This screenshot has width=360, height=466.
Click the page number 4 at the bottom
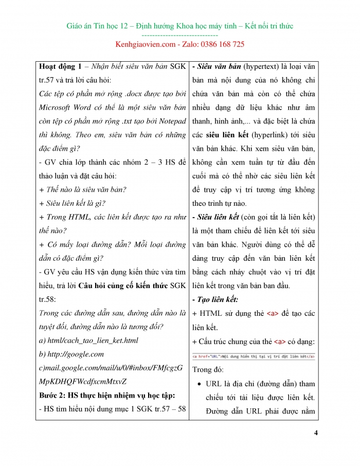(315, 433)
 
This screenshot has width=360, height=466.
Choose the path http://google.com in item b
(71, 354)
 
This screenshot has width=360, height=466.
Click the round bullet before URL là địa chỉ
(198, 384)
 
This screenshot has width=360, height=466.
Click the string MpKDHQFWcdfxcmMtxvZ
(82, 381)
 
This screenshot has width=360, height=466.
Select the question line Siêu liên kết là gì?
(77, 203)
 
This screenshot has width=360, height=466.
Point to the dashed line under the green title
(179, 35)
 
